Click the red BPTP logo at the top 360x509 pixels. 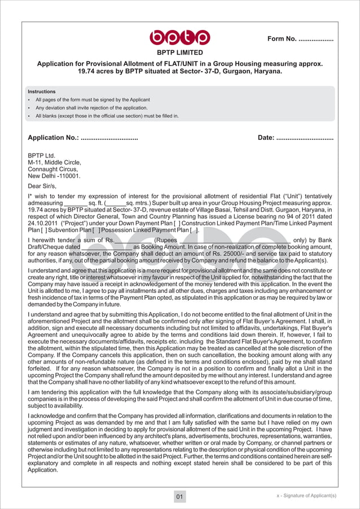179,37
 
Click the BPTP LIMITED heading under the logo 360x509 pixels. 179,52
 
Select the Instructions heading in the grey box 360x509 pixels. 42,91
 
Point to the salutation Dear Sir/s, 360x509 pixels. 42,185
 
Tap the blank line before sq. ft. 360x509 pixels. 76,203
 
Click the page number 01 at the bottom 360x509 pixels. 179,497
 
